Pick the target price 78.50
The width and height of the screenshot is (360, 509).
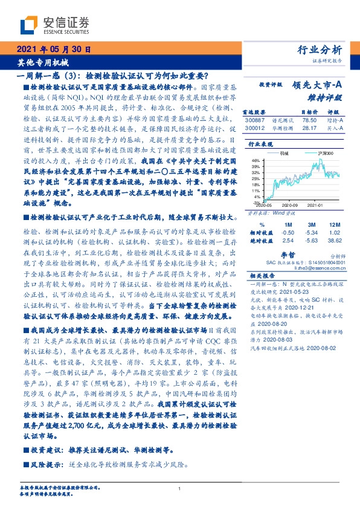(309, 120)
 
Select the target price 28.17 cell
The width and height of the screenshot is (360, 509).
(309, 128)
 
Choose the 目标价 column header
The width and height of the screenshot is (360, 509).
(309, 112)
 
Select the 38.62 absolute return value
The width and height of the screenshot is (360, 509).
(335, 240)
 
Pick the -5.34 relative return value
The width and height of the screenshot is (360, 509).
(311, 232)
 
